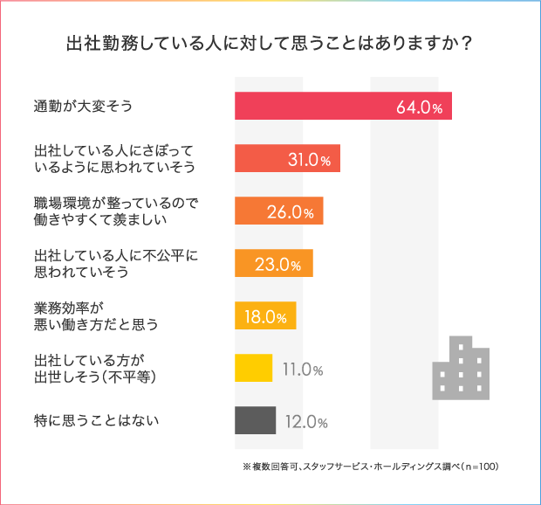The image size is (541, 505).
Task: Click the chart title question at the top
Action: (270, 43)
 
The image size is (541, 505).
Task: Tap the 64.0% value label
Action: (420, 107)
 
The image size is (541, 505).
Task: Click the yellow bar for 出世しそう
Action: (253, 368)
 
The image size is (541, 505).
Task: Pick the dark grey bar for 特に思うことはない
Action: (255, 420)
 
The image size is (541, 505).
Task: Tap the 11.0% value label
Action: (303, 369)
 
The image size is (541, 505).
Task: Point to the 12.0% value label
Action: (305, 422)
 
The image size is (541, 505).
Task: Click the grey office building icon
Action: (460, 368)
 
